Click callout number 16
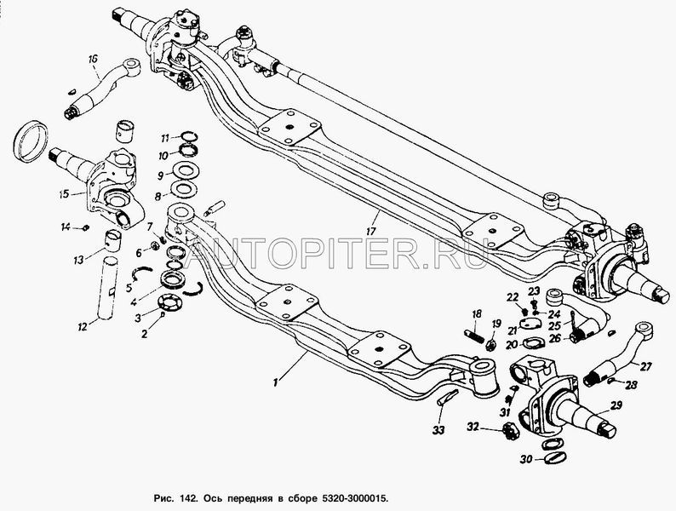pyautogui.click(x=93, y=60)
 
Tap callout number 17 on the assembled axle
pyautogui.click(x=370, y=231)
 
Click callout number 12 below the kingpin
pyautogui.click(x=82, y=326)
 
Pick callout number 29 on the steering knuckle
pyautogui.click(x=616, y=405)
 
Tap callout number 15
pyautogui.click(x=64, y=194)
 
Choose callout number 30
pyautogui.click(x=526, y=460)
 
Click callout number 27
pyautogui.click(x=645, y=367)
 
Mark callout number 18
pyautogui.click(x=476, y=313)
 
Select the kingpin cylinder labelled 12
pyautogui.click(x=108, y=288)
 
